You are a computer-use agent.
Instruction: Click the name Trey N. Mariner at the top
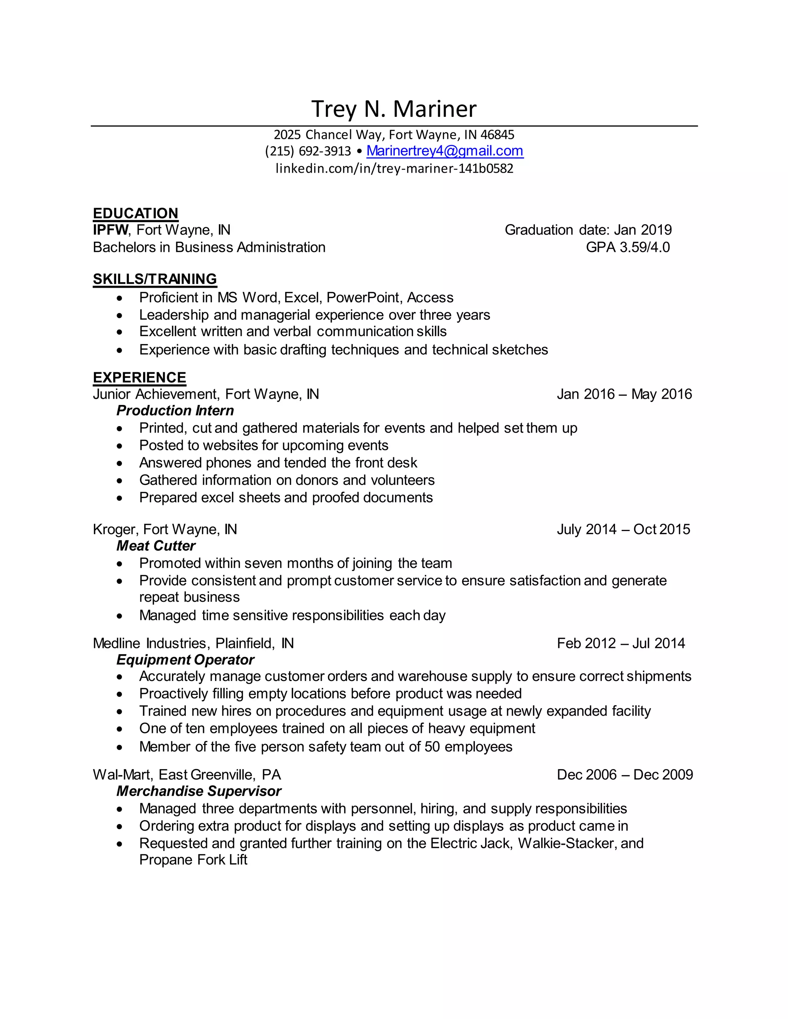click(394, 109)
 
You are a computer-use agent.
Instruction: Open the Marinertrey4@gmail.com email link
click(444, 151)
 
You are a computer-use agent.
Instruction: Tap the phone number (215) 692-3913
click(308, 151)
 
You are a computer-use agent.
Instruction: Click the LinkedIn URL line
click(394, 168)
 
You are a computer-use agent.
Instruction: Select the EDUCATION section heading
click(135, 213)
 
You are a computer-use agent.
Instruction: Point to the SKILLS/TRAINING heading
click(155, 279)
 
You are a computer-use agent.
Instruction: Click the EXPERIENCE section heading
click(139, 378)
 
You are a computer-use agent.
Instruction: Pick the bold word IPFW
click(110, 230)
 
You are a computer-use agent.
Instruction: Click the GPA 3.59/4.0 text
click(628, 247)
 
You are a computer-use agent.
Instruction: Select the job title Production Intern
click(175, 411)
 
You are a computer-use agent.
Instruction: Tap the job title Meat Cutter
click(156, 546)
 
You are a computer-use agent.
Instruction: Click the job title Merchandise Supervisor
click(199, 791)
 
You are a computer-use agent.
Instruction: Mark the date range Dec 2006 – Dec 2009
click(624, 775)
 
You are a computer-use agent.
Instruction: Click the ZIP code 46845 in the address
click(497, 135)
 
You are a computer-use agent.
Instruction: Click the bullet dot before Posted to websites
click(120, 446)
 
